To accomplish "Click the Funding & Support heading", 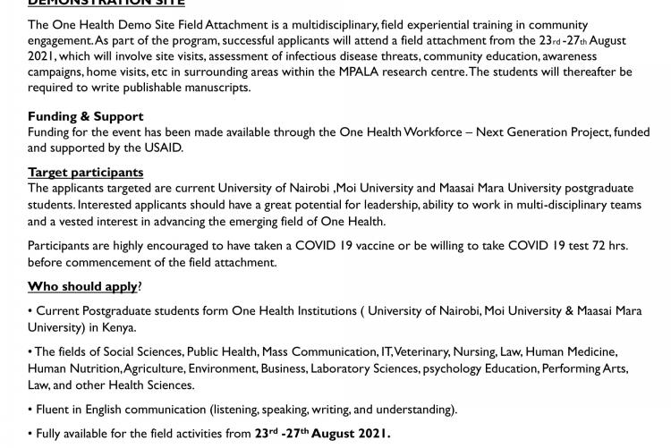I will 85,116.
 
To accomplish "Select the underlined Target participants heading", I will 85,173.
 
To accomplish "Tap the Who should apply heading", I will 82,287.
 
